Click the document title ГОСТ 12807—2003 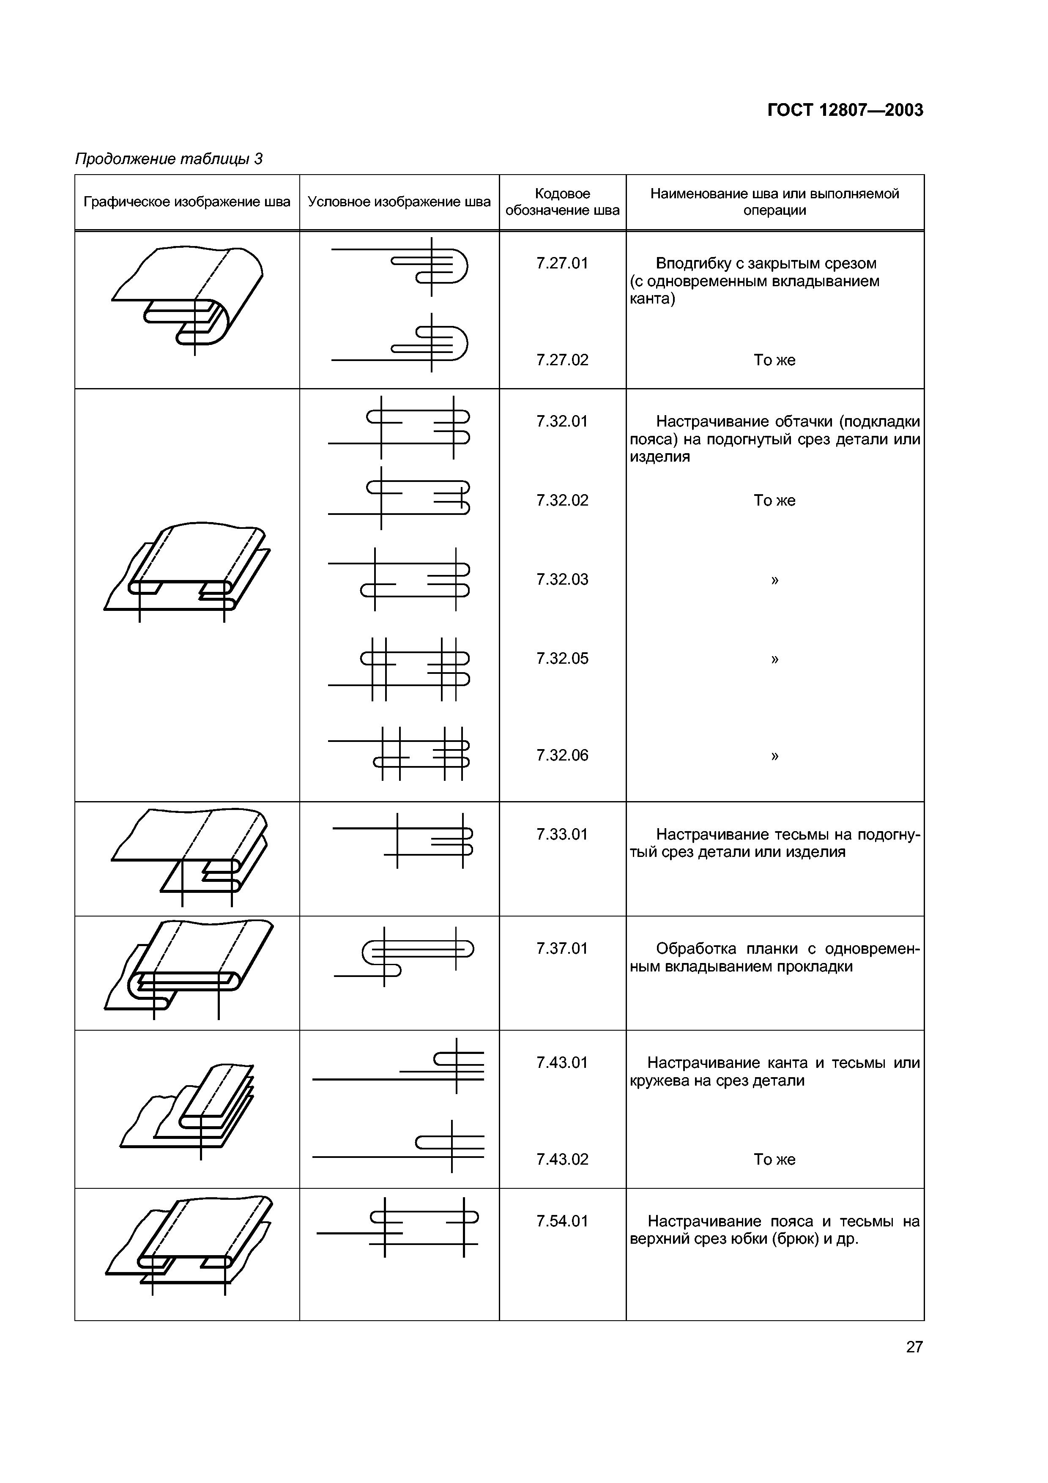845,110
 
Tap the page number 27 914,1347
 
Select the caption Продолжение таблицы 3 169,159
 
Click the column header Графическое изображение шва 186,202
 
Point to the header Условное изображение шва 399,202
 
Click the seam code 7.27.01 562,263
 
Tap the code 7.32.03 562,580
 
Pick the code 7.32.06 562,755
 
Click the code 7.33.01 562,835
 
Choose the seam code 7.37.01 562,949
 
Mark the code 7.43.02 562,1160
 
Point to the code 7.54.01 562,1221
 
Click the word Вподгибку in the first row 692,263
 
